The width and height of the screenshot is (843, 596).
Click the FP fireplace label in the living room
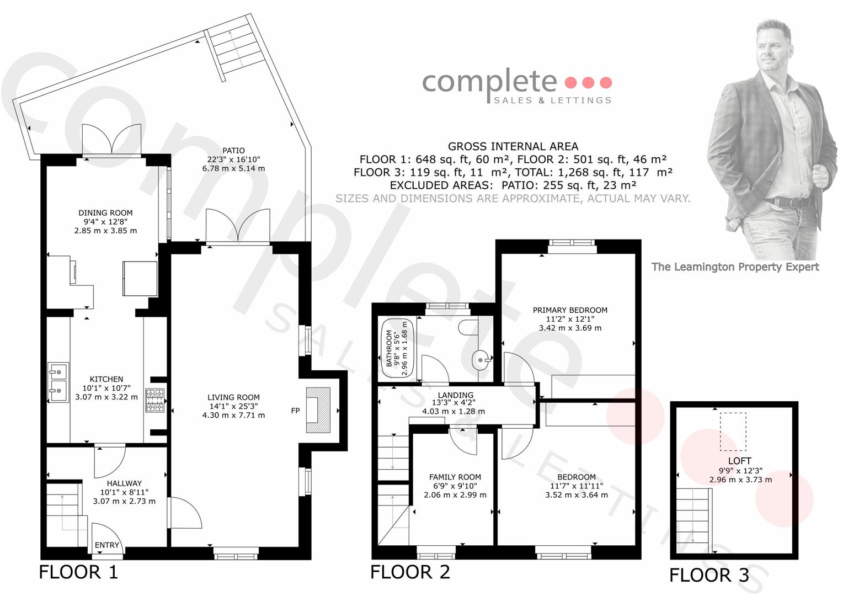[x=295, y=411]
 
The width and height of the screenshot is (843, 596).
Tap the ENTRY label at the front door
[x=107, y=545]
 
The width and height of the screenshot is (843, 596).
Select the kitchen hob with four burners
[x=155, y=400]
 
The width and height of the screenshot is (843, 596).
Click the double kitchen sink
[x=58, y=382]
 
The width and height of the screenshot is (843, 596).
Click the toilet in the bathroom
[x=468, y=327]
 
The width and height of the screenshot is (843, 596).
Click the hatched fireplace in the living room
[x=318, y=410]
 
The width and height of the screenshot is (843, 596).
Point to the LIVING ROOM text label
[x=233, y=397]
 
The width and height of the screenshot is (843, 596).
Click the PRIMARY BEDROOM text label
[x=570, y=310]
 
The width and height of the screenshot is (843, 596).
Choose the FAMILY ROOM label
[x=455, y=477]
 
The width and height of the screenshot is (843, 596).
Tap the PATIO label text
[x=233, y=150]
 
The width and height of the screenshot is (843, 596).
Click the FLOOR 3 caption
[x=709, y=575]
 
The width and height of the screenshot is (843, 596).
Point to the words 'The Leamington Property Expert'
[x=735, y=267]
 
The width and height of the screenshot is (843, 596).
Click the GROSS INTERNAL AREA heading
[x=513, y=146]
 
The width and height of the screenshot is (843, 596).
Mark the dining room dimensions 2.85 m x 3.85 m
[x=105, y=231]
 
